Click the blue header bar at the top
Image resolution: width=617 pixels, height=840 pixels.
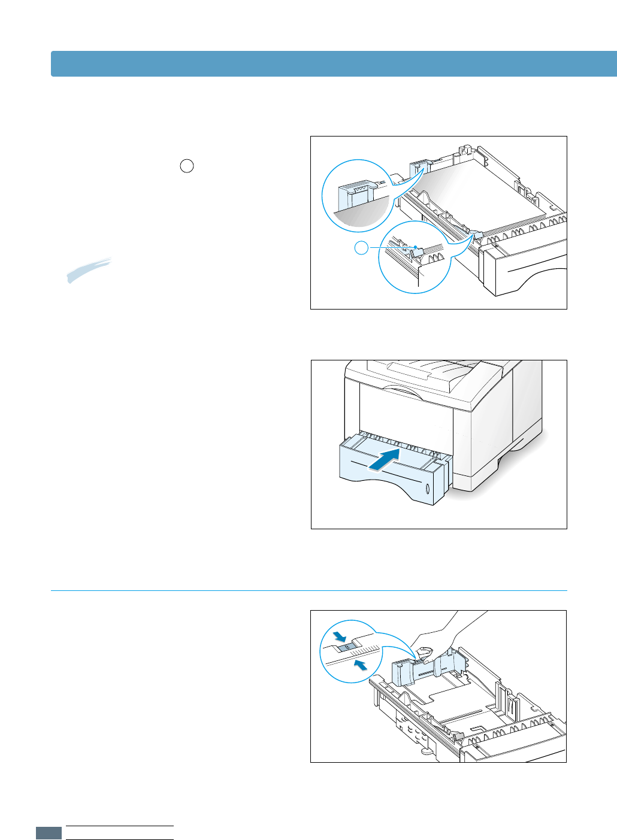click(x=334, y=63)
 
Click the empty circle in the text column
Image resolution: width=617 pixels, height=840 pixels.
click(x=187, y=166)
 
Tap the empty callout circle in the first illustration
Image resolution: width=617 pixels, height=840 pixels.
click(x=361, y=247)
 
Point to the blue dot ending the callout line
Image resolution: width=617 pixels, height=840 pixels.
click(x=415, y=247)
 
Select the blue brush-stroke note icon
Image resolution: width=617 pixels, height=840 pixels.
click(x=89, y=269)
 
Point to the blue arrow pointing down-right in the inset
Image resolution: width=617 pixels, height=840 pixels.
click(x=340, y=636)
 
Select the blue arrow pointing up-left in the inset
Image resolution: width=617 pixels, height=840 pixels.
click(x=359, y=665)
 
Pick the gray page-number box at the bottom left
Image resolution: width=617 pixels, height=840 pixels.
click(x=49, y=833)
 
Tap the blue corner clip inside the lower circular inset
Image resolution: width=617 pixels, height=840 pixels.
click(x=418, y=252)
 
